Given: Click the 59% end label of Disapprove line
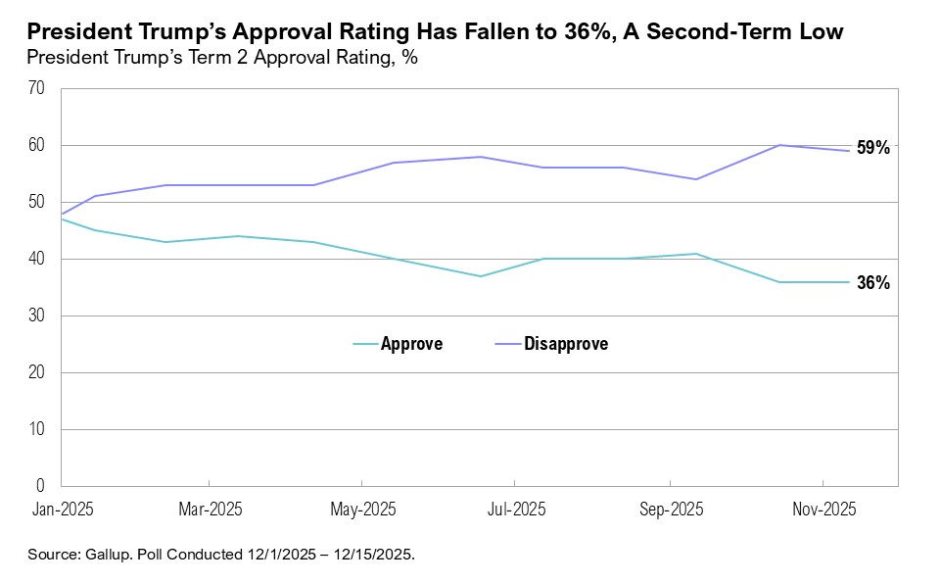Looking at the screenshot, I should pos(873,149).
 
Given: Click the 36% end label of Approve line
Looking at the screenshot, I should pos(873,282).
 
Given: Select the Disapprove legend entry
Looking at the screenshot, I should pos(566,344).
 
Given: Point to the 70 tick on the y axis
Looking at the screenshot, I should pos(37,88).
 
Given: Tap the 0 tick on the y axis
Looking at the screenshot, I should pos(42,486).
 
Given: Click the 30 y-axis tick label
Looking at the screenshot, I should pos(37,316).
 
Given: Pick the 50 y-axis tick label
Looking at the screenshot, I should pos(37,202).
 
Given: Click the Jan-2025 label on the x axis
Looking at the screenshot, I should pos(61,510).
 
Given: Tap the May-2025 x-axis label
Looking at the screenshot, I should pos(362,510).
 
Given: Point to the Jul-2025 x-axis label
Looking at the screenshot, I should pos(515,510).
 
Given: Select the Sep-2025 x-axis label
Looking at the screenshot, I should pos(670,510).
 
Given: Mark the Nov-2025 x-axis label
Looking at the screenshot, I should pos(822,510).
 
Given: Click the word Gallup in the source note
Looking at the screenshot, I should pos(106,555).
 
